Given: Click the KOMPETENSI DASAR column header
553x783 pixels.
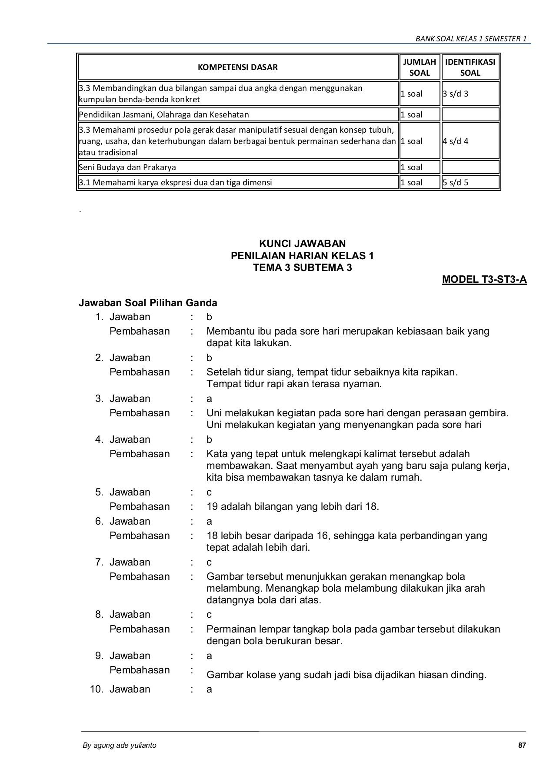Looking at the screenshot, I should (x=237, y=67).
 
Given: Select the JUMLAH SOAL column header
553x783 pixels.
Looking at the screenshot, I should (x=419, y=67).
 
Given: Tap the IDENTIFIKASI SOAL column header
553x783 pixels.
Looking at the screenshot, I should (x=470, y=67).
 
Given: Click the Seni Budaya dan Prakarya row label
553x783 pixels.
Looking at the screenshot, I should (x=127, y=167).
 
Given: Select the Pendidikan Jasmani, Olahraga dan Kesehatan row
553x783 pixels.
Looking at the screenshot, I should (x=163, y=114).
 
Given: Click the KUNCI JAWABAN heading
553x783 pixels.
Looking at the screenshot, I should (x=302, y=243).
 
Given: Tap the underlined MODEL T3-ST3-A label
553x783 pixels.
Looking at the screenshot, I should (x=484, y=279).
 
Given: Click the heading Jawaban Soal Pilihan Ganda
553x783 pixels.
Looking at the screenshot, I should (x=148, y=302).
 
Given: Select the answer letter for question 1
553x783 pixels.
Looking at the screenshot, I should (x=209, y=317).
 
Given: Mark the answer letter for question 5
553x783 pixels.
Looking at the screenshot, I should (x=209, y=492).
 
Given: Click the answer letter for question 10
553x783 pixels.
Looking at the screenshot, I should (x=209, y=689).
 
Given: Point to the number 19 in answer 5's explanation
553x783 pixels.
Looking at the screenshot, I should (x=212, y=506).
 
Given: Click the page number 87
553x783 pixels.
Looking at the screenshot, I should (x=522, y=745).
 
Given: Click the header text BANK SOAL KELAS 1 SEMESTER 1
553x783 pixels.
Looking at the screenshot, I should (x=471, y=39).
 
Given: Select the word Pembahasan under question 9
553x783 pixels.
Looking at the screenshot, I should (x=140, y=670).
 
